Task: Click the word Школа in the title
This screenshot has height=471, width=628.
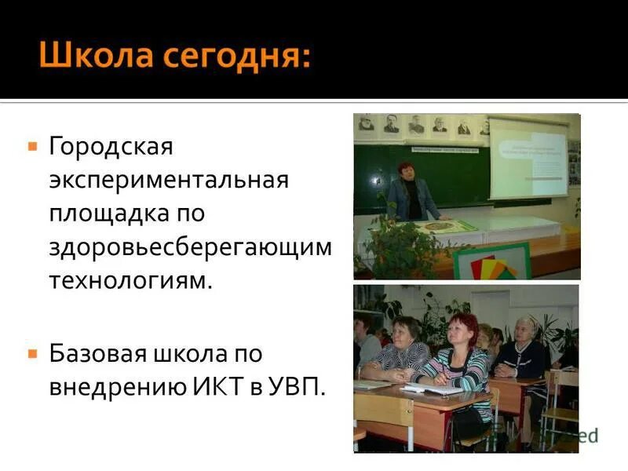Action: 94,57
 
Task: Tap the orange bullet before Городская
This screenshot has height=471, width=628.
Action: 32,146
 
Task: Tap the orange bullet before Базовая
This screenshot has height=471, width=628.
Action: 32,354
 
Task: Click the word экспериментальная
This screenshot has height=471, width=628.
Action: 169,180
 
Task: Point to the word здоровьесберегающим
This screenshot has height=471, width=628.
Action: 191,246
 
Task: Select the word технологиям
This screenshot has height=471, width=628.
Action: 130,280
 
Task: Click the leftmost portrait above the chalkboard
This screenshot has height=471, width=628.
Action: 366,123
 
